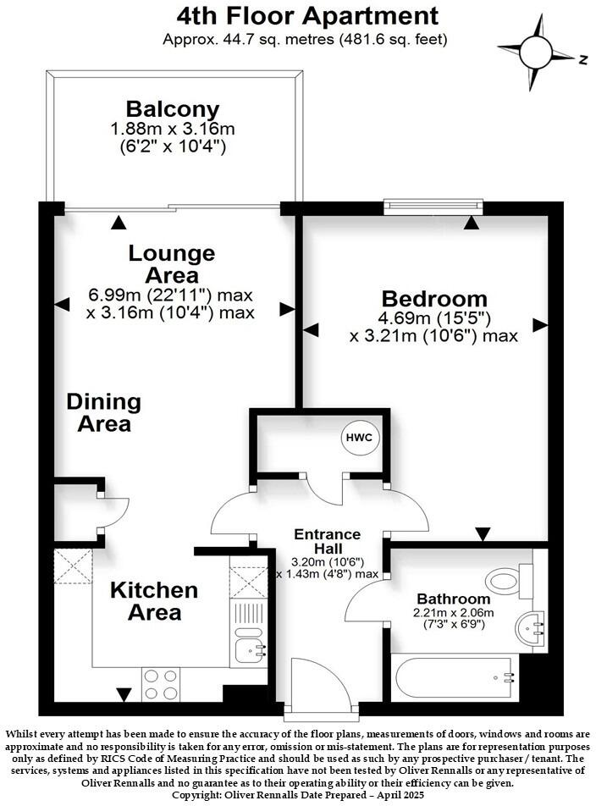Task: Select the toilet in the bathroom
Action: point(509,581)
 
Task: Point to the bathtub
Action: point(455,678)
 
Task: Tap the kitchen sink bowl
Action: point(248,650)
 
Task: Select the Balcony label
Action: point(173,109)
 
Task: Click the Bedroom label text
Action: point(434,298)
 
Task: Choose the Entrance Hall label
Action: point(328,541)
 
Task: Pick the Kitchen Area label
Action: point(154,600)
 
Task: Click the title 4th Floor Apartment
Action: point(307,15)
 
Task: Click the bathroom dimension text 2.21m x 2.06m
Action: point(454,612)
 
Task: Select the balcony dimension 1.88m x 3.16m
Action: point(173,130)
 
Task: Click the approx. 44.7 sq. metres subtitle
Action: point(306,39)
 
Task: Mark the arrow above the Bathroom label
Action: point(482,534)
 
